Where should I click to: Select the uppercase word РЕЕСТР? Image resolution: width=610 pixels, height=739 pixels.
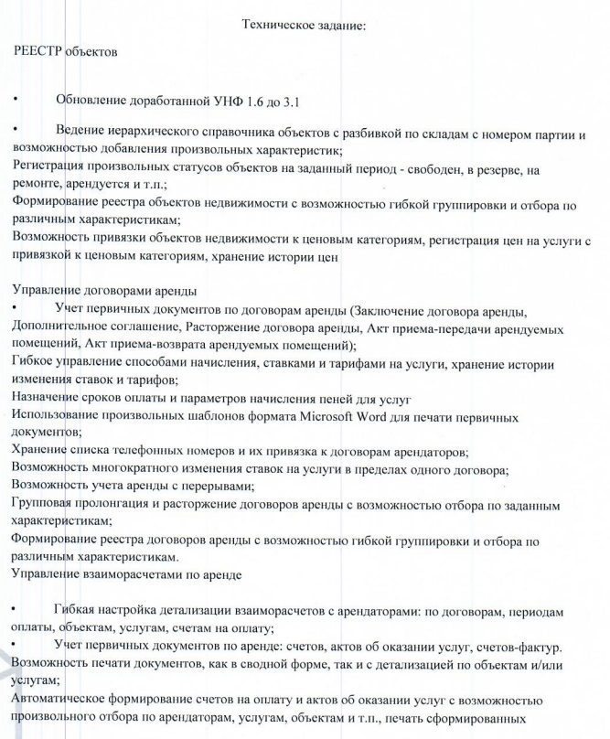37,51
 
